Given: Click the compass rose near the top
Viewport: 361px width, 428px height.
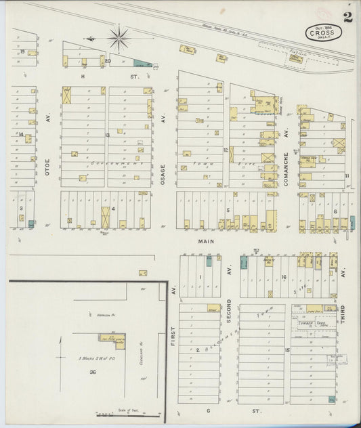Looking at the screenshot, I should pos(119,38).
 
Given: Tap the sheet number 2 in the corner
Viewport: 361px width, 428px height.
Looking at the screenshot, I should pos(347,17).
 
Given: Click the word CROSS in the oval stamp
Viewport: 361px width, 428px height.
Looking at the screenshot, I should pos(320,32).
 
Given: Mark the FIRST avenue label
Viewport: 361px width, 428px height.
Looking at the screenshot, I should pos(173,332).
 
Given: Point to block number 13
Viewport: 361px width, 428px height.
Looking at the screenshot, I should pos(107,135).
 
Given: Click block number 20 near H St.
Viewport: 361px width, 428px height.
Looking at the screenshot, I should pos(108,60).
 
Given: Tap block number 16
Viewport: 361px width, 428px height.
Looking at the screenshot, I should pos(284,276).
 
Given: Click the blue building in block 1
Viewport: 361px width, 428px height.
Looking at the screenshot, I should pos(209,261).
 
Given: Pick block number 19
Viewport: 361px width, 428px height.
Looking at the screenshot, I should pos(22,51).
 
